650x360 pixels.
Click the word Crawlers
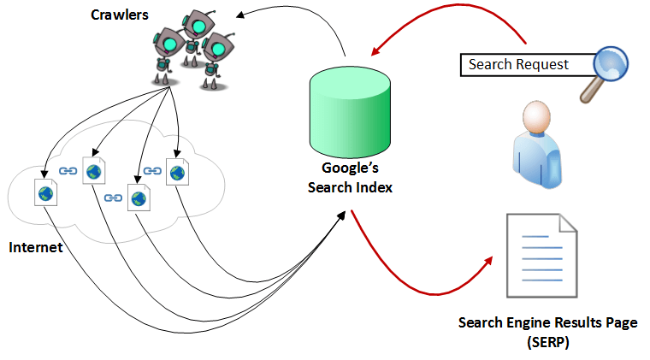pyautogui.click(x=119, y=15)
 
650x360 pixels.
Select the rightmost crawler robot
pyautogui.click(x=217, y=55)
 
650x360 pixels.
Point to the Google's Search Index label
pyautogui.click(x=350, y=178)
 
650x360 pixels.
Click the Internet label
pyautogui.click(x=35, y=248)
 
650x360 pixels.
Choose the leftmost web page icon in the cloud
pyautogui.click(x=44, y=192)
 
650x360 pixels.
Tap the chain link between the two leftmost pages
pyautogui.click(x=68, y=171)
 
